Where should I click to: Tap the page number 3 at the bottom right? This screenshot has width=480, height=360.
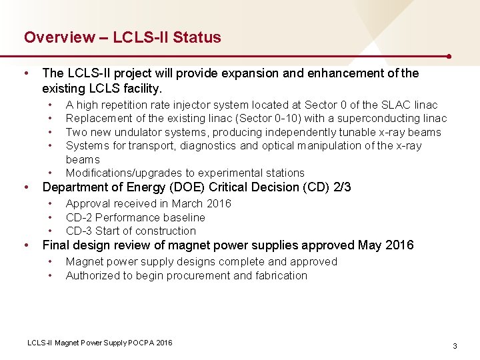click(x=455, y=346)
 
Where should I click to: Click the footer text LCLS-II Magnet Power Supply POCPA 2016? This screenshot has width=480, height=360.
click(x=99, y=343)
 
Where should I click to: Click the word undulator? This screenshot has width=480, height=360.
click(x=139, y=132)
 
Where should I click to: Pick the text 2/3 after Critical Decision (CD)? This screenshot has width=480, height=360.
click(x=341, y=188)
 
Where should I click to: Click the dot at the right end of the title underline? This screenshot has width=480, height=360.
click(x=451, y=57)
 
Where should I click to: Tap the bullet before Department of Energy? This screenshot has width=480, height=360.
click(x=26, y=188)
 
